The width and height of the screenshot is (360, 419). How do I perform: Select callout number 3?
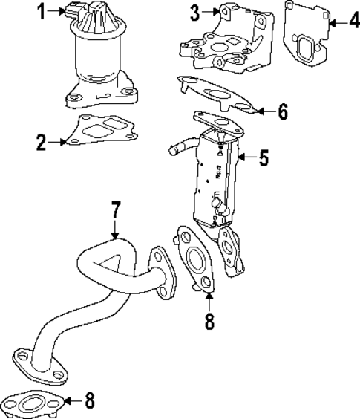click(x=195, y=12)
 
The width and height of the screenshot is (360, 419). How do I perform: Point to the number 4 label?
click(x=346, y=22)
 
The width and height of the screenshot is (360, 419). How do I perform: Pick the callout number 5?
click(x=264, y=157)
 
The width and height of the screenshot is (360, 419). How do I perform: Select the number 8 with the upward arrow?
click(x=209, y=322)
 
